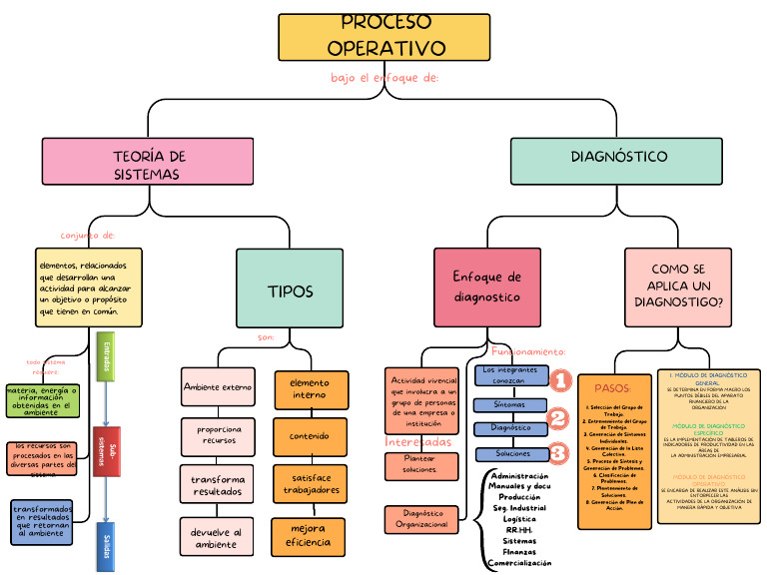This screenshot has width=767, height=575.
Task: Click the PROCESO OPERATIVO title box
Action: pyautogui.click(x=385, y=37)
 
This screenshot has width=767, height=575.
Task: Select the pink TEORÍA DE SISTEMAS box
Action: pyautogui.click(x=148, y=162)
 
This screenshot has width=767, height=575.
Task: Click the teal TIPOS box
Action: pyautogui.click(x=290, y=290)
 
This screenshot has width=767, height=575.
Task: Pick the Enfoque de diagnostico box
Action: pyautogui.click(x=486, y=287)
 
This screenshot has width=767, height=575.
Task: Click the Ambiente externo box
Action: pyautogui.click(x=218, y=386)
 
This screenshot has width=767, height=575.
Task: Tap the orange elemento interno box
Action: pyautogui.click(x=310, y=389)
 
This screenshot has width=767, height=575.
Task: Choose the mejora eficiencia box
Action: pyautogui.click(x=309, y=535)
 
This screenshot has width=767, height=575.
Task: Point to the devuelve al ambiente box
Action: pyautogui.click(x=216, y=538)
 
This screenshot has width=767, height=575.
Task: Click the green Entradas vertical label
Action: pyautogui.click(x=106, y=356)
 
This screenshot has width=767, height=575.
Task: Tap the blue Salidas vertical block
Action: pyautogui.click(x=105, y=546)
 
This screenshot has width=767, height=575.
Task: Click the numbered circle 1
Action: pyautogui.click(x=560, y=380)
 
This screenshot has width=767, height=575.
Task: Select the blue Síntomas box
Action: pyautogui.click(x=510, y=405)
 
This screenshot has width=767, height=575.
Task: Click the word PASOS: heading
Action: pyautogui.click(x=612, y=387)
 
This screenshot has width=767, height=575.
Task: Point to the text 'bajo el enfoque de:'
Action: pyautogui.click(x=384, y=78)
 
